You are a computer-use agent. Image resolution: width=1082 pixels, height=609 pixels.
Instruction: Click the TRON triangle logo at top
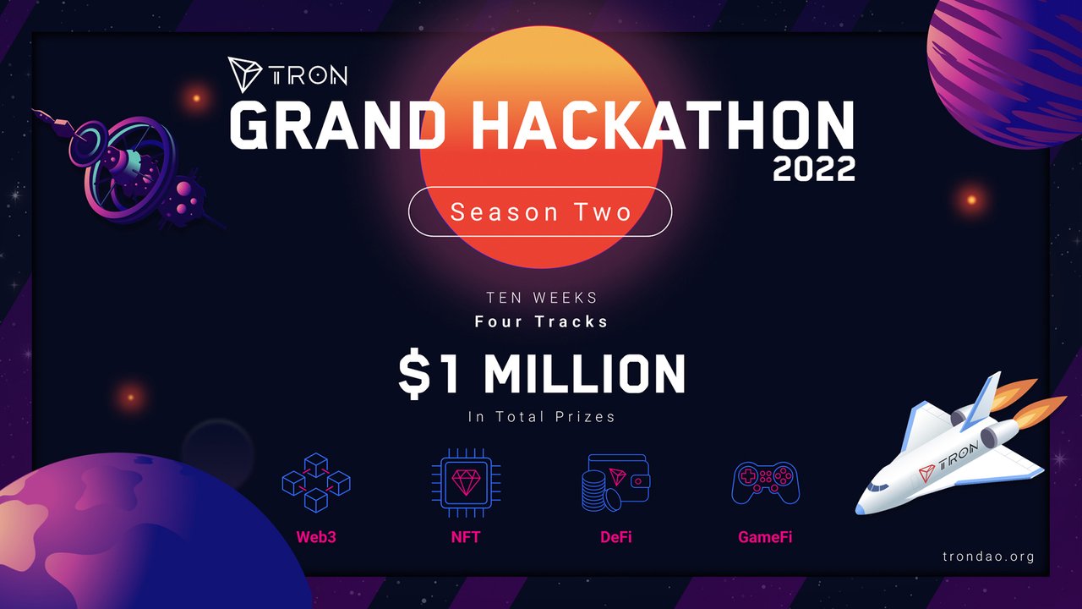point(244,74)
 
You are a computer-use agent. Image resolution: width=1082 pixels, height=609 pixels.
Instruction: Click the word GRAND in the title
point(337,125)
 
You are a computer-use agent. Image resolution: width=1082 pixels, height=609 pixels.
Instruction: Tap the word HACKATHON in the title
point(663,125)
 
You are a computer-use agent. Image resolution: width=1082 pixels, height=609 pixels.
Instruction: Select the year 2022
point(814,168)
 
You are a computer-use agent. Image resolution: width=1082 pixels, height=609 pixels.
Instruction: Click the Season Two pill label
point(540,211)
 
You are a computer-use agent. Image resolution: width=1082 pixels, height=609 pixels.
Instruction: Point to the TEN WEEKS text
point(542,298)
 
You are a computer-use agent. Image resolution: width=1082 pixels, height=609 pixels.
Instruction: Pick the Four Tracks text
point(541,321)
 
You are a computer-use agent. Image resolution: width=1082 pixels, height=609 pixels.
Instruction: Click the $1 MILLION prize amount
point(542,375)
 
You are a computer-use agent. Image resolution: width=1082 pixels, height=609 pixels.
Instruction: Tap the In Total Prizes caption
point(542,417)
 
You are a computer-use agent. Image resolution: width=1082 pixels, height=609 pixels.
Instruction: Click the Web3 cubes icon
point(316,482)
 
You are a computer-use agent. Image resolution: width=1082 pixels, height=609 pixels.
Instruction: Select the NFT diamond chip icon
point(466,483)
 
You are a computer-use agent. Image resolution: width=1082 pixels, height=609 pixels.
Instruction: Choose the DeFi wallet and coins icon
point(616,482)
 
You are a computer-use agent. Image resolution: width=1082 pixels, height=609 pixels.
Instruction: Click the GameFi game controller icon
point(766,483)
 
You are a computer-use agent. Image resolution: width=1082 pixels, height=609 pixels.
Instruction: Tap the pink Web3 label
point(316,537)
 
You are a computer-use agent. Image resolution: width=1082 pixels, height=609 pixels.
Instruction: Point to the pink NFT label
point(466,537)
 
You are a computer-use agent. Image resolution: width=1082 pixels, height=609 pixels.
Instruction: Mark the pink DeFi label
point(616,537)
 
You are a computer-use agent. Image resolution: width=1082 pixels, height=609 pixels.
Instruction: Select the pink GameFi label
point(765,537)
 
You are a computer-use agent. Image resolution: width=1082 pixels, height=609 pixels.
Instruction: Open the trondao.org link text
point(988,557)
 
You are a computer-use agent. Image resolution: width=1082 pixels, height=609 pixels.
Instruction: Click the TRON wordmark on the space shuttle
point(959,456)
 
